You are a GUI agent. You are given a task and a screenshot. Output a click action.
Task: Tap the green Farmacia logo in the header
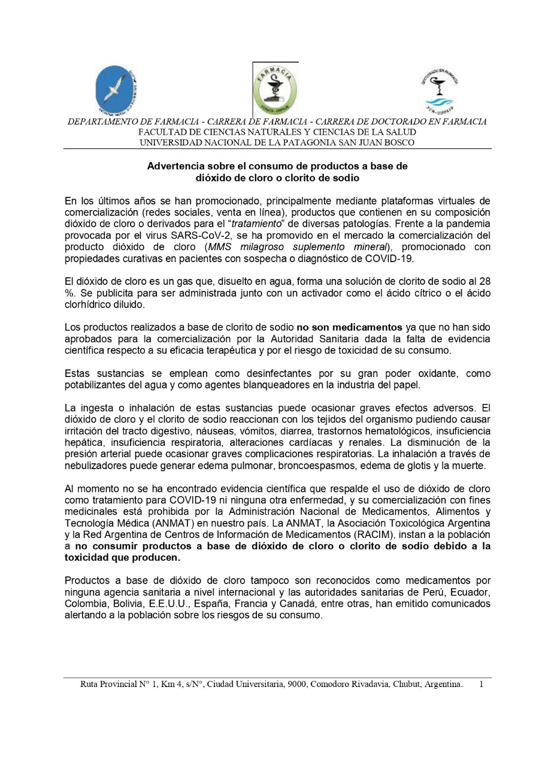pyautogui.click(x=275, y=89)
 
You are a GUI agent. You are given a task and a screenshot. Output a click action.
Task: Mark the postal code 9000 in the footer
pyautogui.click(x=298, y=684)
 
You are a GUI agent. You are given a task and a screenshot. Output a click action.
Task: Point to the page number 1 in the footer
pyautogui.click(x=481, y=684)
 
